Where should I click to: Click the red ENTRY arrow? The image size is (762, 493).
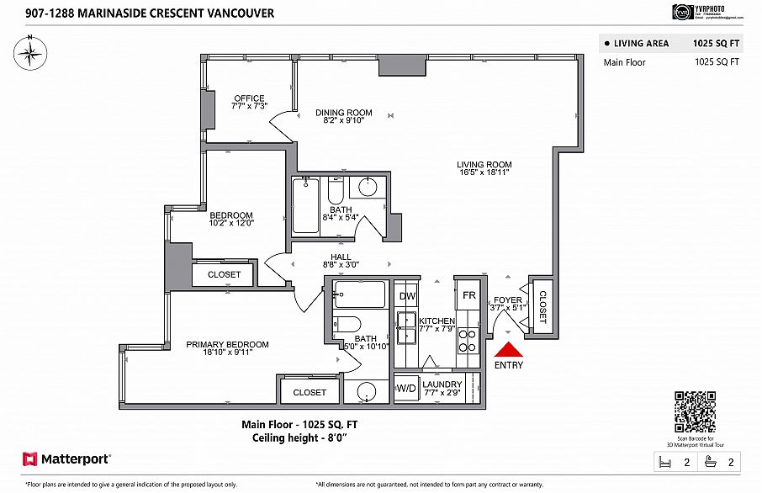(509, 350)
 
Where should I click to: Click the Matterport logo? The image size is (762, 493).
(66, 459)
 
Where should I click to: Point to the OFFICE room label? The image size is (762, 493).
(249, 98)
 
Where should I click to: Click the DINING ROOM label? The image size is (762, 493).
(343, 113)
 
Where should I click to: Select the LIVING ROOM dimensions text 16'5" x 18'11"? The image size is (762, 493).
(484, 172)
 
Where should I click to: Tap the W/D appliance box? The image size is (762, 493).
(405, 388)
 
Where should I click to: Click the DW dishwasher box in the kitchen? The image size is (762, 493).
(407, 296)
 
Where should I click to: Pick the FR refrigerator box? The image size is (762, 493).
(469, 296)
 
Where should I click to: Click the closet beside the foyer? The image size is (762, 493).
(541, 307)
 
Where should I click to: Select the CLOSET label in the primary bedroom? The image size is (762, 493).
(309, 393)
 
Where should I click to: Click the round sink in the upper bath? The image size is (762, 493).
(368, 187)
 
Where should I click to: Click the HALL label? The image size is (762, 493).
(341, 257)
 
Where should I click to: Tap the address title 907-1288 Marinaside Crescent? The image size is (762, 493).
(138, 13)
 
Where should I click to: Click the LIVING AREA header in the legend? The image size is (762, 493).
(641, 43)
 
